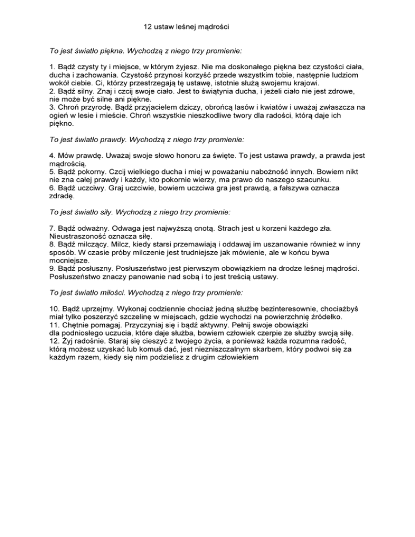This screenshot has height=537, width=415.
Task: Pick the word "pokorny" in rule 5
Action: [x=91, y=171]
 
